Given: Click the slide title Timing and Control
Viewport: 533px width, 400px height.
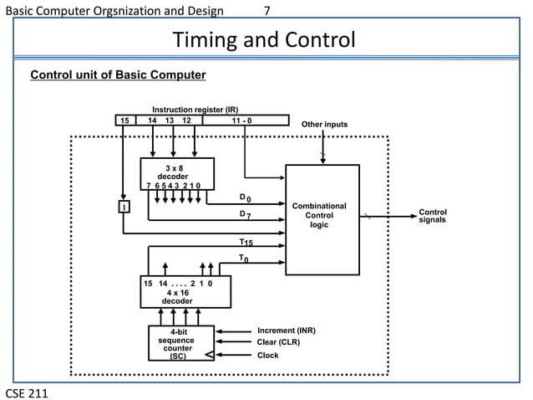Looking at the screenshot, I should click(x=263, y=40).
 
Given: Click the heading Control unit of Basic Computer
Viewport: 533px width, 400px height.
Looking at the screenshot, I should click(x=118, y=75).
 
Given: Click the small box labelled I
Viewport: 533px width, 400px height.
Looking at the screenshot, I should click(x=124, y=207).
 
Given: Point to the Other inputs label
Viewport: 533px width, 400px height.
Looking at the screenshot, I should click(x=324, y=126).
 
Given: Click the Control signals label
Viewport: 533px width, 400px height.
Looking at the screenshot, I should click(x=433, y=216).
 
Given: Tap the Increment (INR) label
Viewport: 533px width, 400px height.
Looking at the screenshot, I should click(x=287, y=331).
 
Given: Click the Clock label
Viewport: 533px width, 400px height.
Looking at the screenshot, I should click(x=268, y=355).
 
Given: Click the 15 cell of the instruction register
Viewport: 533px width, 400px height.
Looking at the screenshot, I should click(x=124, y=121).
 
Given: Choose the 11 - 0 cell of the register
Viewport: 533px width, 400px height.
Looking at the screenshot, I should click(x=246, y=121).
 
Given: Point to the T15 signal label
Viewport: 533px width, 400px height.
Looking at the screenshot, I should click(x=246, y=243).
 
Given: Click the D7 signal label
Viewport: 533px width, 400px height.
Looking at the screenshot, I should click(x=244, y=215).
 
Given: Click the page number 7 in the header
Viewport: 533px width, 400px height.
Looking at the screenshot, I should click(x=266, y=11).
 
